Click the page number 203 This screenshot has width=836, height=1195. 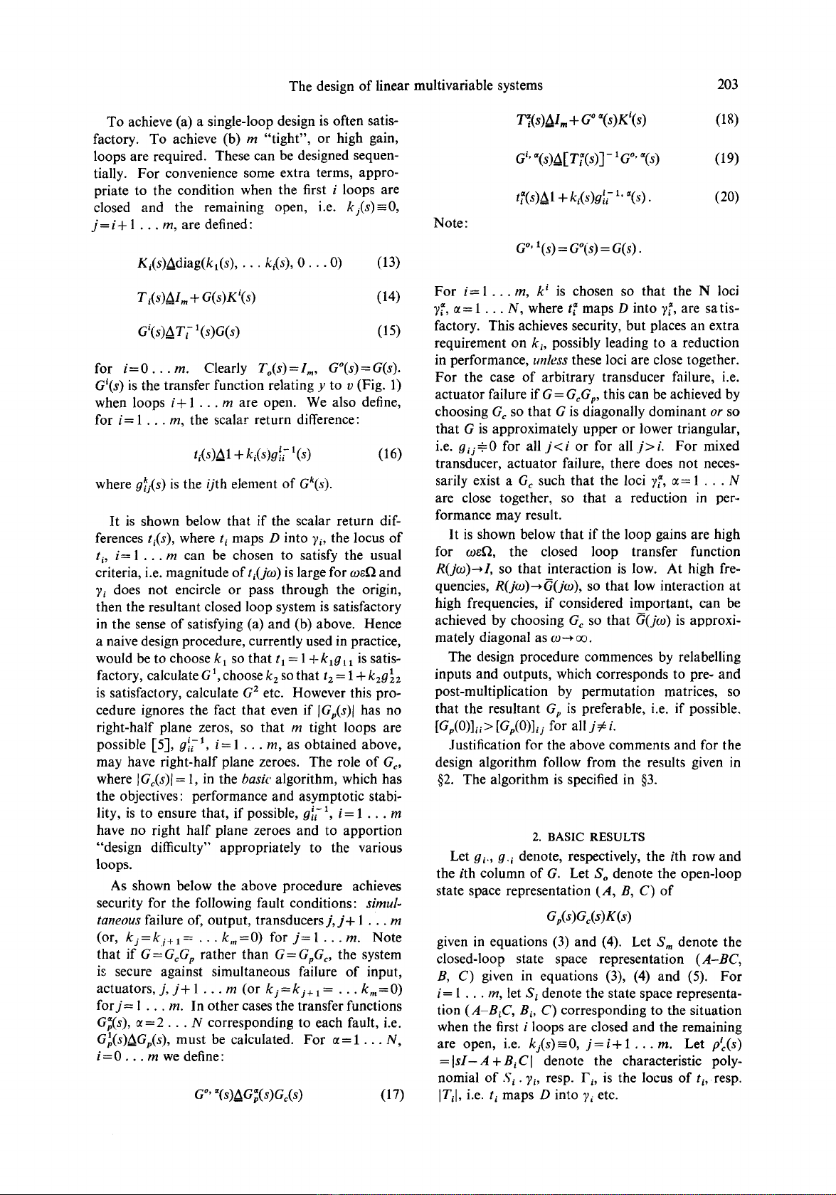(x=728, y=85)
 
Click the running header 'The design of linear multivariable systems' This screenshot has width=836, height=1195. (x=416, y=85)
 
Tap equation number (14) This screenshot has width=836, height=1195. (x=388, y=295)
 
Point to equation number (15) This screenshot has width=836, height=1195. (x=388, y=330)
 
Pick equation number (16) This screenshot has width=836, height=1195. (x=388, y=454)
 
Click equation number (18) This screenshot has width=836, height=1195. (x=728, y=118)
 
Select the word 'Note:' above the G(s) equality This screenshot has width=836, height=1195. (x=451, y=223)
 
